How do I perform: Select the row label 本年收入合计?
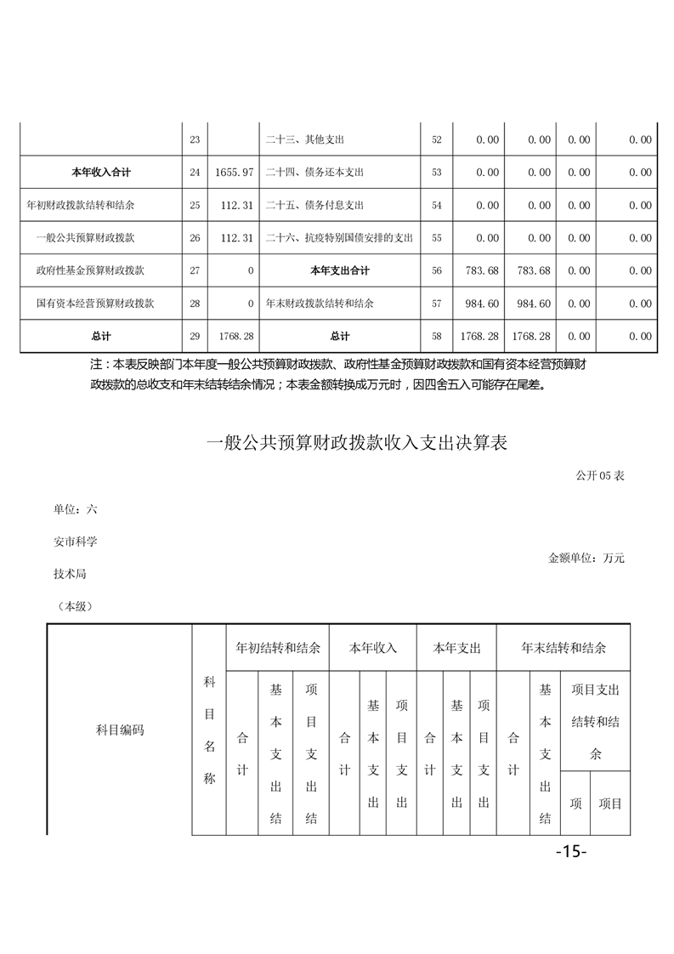101,173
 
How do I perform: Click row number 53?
437,173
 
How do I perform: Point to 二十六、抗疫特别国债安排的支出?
339,238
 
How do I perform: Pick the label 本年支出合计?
340,271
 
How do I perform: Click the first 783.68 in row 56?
482,271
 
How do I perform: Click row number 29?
195,337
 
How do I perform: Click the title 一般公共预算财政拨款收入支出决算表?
357,443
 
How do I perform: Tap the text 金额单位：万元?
586,559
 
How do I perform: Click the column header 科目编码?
120,730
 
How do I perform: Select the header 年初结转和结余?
278,648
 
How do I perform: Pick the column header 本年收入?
373,648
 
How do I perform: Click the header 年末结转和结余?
564,648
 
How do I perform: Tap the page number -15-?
571,851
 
